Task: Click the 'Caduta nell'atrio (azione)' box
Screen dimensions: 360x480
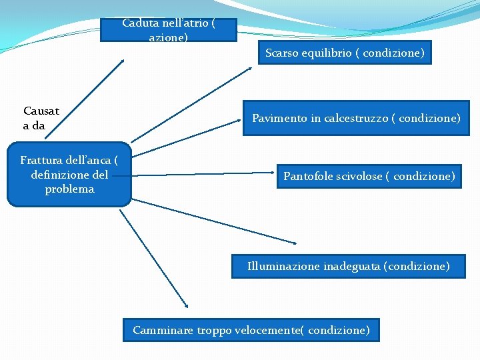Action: [x=168, y=30]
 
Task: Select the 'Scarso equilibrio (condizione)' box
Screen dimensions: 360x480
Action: [x=345, y=53]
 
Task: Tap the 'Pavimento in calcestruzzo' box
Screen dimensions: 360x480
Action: [x=356, y=118]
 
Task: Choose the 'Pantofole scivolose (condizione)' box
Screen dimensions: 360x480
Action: [x=369, y=177]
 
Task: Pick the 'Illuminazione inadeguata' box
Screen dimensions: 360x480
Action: [x=348, y=267]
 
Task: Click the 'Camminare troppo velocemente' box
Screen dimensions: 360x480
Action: [x=251, y=330]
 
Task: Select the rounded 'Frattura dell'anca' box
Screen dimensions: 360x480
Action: [x=69, y=175]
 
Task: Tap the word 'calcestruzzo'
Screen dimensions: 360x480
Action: [x=355, y=119]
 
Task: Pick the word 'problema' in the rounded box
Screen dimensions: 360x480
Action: [x=69, y=189]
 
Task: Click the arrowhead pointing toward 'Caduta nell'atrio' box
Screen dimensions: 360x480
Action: [x=122, y=61]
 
